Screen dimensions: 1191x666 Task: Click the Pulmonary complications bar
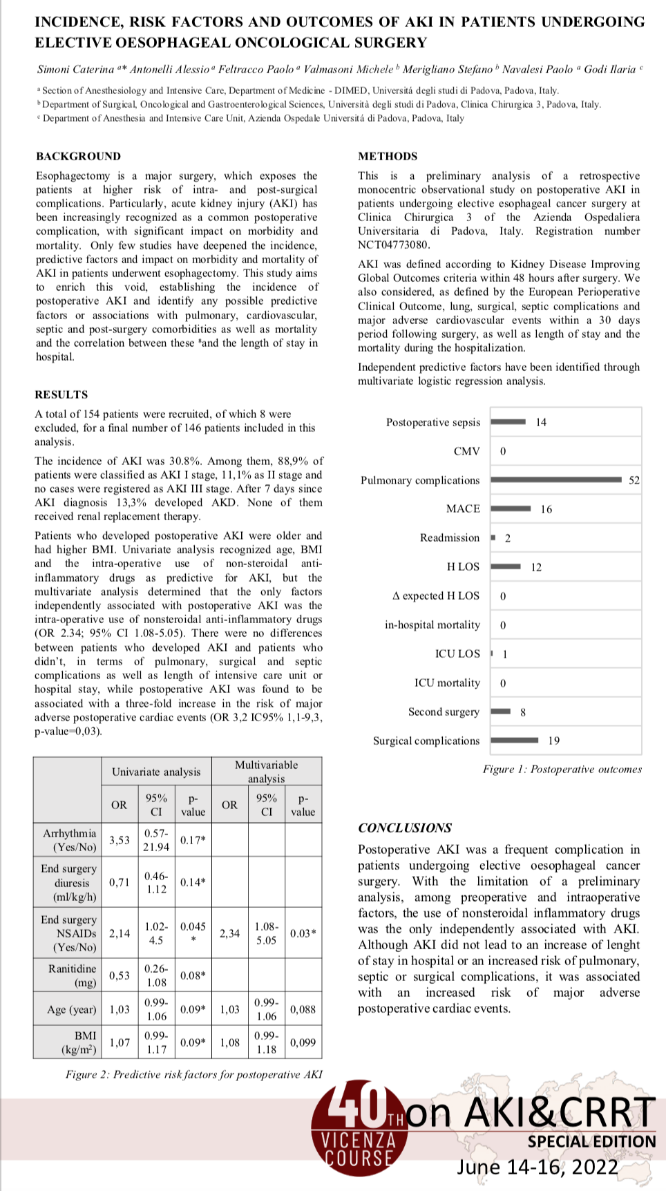[556, 479]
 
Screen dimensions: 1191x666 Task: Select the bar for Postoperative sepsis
[508, 421]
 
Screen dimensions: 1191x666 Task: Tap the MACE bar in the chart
[511, 508]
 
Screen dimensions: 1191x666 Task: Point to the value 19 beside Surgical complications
[554, 741]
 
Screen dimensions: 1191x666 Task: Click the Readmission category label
[449, 537]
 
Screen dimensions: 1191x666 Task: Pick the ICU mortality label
[447, 683]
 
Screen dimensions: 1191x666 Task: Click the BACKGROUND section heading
[78, 156]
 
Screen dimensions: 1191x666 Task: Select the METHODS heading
[388, 156]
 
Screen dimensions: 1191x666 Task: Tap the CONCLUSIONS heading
[405, 828]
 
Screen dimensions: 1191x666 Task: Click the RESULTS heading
[61, 394]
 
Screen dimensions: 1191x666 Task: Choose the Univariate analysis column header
[156, 772]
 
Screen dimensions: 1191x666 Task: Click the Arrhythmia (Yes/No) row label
[69, 840]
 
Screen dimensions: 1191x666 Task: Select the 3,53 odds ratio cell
[120, 840]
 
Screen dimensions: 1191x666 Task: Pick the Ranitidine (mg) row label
[72, 975]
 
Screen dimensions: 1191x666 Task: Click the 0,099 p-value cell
[303, 1042]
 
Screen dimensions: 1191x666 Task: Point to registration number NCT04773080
[394, 245]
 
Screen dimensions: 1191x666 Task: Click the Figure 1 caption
[562, 769]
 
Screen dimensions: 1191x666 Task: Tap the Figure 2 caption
[194, 1074]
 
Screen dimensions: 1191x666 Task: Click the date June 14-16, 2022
[537, 1167]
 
